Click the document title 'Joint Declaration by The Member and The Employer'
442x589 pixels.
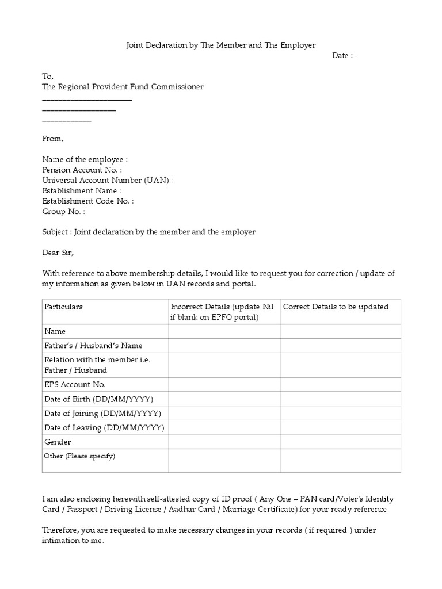(221, 45)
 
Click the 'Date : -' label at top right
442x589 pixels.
(345, 55)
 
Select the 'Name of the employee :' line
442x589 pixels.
(85, 159)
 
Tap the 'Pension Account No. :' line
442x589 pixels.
(82, 170)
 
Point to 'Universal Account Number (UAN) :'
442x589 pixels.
(108, 180)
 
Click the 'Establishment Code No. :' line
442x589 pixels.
(88, 201)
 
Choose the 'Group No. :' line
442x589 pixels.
(64, 211)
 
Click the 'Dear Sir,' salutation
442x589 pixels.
(58, 253)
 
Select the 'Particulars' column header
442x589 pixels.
(63, 307)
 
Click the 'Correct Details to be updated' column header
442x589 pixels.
(336, 307)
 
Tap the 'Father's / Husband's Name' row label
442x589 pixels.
(93, 346)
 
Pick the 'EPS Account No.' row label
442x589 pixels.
(75, 384)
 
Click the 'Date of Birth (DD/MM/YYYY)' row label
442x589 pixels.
(99, 399)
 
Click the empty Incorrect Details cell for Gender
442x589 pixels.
(224, 442)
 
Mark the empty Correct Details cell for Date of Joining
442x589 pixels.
(340, 414)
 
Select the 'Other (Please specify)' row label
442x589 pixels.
(80, 456)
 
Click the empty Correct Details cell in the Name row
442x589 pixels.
(340, 331)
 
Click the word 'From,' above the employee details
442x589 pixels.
(54, 139)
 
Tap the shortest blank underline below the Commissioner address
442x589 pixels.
(67, 120)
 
